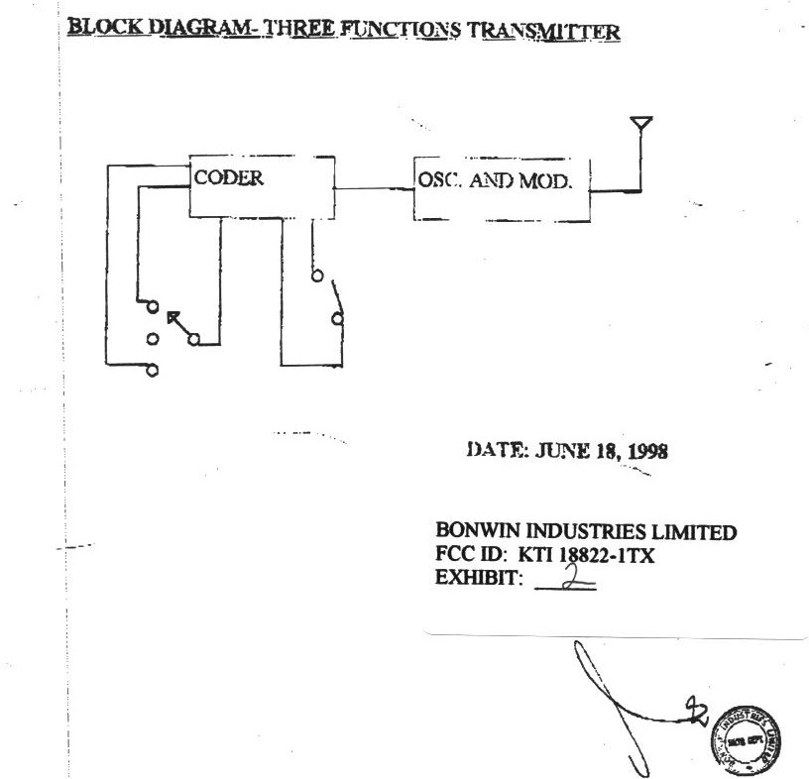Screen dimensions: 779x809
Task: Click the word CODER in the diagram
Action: click(228, 179)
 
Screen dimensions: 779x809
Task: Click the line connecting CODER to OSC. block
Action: click(375, 186)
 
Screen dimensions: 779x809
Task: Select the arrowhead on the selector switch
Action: click(173, 319)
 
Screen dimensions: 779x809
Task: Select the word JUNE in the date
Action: click(563, 451)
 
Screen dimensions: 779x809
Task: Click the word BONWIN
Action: click(479, 532)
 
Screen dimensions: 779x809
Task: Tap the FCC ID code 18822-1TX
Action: click(605, 556)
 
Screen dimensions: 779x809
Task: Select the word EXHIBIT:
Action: click(479, 580)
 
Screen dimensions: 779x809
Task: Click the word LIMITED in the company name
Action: click(701, 532)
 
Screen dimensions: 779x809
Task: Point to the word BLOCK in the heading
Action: click(99, 27)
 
